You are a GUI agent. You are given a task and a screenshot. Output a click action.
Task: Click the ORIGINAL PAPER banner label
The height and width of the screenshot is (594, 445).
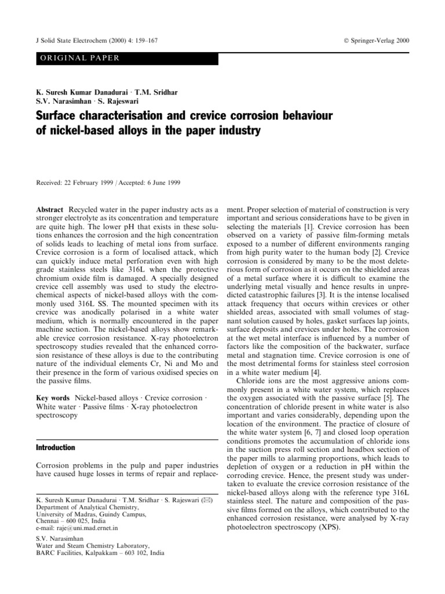coord(78,57)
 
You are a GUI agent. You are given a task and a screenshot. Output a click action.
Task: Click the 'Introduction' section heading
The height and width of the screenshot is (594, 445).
coord(56,448)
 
